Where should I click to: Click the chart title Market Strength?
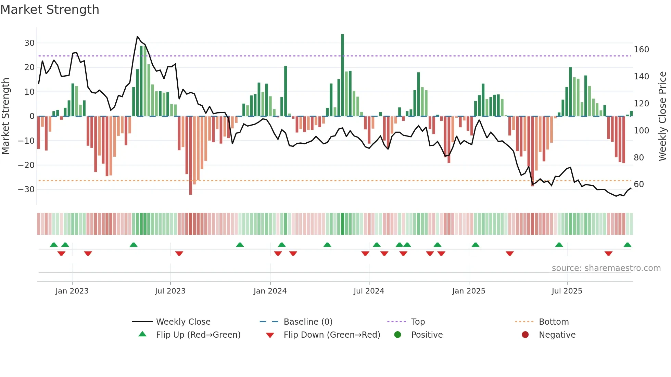click(50, 10)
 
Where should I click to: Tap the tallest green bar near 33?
click(342, 75)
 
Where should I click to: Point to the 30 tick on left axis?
click(29, 43)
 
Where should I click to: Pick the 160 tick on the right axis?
click(641, 50)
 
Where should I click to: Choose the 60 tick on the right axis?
click(639, 184)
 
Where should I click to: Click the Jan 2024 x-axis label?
click(270, 291)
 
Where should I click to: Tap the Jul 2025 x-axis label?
click(567, 291)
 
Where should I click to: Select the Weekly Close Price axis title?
click(662, 116)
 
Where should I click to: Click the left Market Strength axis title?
click(5, 116)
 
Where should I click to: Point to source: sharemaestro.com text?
click(606, 268)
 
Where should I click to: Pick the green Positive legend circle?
click(397, 335)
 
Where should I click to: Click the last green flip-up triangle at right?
click(628, 245)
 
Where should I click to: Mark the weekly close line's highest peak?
click(138, 37)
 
